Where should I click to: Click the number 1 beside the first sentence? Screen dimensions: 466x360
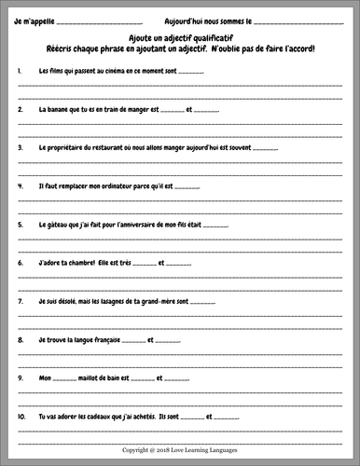point(20,70)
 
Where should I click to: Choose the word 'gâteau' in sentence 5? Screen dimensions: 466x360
point(60,224)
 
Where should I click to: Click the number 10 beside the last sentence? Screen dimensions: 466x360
point(21,417)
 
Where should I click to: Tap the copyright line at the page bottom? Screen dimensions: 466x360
point(181,448)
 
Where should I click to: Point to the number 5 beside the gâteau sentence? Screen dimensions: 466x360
point(20,224)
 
